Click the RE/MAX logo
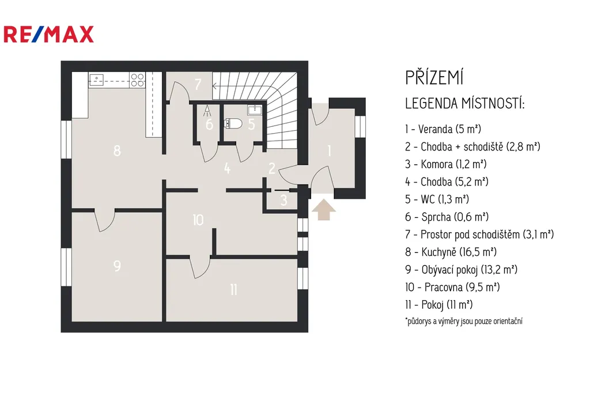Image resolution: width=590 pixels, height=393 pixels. (x=48, y=34)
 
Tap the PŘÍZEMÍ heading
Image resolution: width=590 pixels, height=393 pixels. (x=434, y=78)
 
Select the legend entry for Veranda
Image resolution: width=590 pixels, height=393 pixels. (x=443, y=129)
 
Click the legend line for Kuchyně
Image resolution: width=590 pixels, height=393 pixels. (x=451, y=252)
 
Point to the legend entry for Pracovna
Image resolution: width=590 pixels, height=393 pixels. (x=452, y=287)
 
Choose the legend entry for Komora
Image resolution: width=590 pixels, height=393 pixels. (x=445, y=164)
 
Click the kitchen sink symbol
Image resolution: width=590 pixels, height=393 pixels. (x=97, y=80)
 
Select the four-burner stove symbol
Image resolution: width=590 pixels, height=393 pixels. (x=137, y=80)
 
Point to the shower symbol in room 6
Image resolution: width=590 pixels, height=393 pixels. (x=207, y=110)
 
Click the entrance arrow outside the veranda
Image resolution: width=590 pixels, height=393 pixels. (x=324, y=210)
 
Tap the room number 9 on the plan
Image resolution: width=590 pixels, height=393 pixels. (x=117, y=266)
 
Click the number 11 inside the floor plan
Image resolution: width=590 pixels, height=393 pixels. (x=234, y=289)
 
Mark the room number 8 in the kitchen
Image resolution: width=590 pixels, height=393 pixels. (x=117, y=150)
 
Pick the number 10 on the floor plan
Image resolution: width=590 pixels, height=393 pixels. (x=198, y=220)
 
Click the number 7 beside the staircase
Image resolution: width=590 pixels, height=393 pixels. (x=198, y=84)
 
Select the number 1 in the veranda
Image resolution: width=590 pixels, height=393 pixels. (x=329, y=151)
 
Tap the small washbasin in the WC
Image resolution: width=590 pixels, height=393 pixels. (x=254, y=110)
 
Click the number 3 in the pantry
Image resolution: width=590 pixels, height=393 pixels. (x=283, y=200)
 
